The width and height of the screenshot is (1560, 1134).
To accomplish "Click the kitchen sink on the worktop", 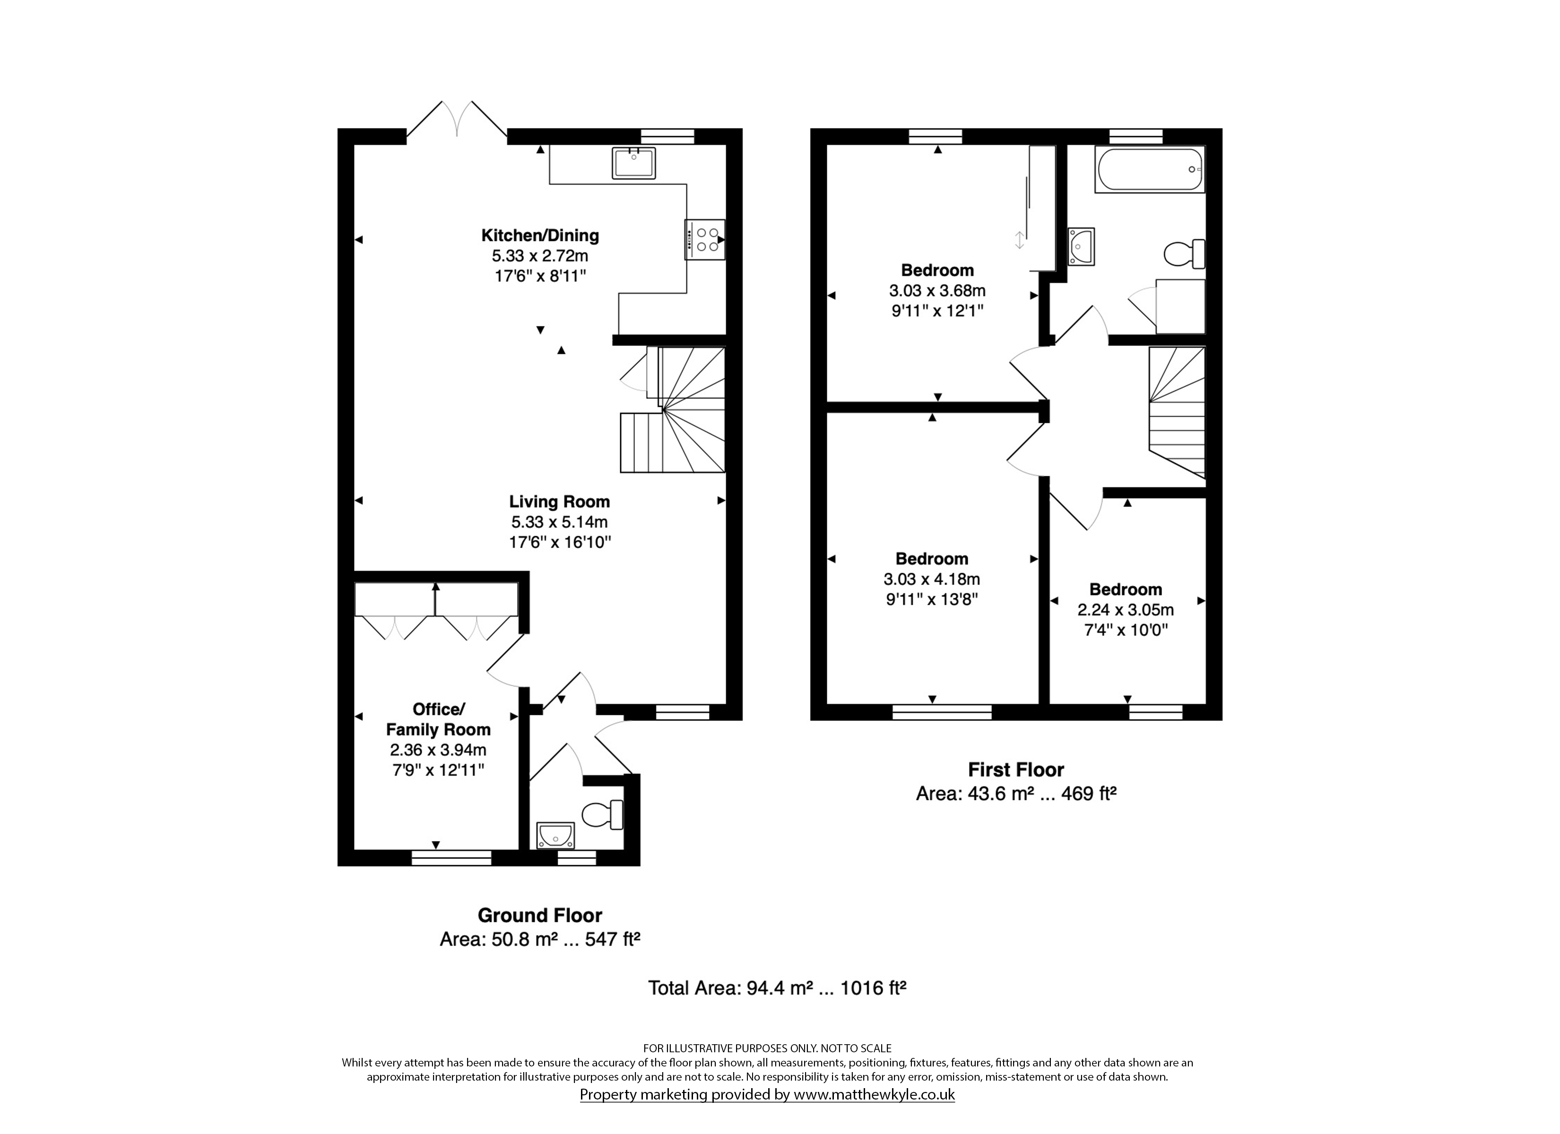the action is coord(633,163).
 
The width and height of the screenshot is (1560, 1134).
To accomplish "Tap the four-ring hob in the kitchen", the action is coord(705,239).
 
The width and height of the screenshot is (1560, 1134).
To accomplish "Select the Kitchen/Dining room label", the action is coord(540,236).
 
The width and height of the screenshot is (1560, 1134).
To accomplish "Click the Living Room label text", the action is coord(559,502).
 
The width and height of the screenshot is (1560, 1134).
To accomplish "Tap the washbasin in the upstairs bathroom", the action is coord(1081,246).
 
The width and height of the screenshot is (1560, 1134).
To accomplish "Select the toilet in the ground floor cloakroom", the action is coord(603,816).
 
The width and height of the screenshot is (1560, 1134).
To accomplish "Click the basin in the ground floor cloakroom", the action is coord(555,834).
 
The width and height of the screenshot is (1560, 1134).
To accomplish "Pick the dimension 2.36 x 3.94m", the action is coord(438,749).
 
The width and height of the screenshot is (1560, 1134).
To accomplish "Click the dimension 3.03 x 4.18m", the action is coord(932,579).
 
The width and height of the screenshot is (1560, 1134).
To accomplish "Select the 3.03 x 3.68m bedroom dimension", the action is coord(937,290).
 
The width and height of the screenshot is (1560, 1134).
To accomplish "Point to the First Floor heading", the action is coord(1016,770).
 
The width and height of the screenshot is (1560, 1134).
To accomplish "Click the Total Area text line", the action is coord(777,988).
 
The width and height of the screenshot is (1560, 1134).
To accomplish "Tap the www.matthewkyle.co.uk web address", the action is coord(874,1094).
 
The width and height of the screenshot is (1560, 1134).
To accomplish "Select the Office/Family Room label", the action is coord(438,719).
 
